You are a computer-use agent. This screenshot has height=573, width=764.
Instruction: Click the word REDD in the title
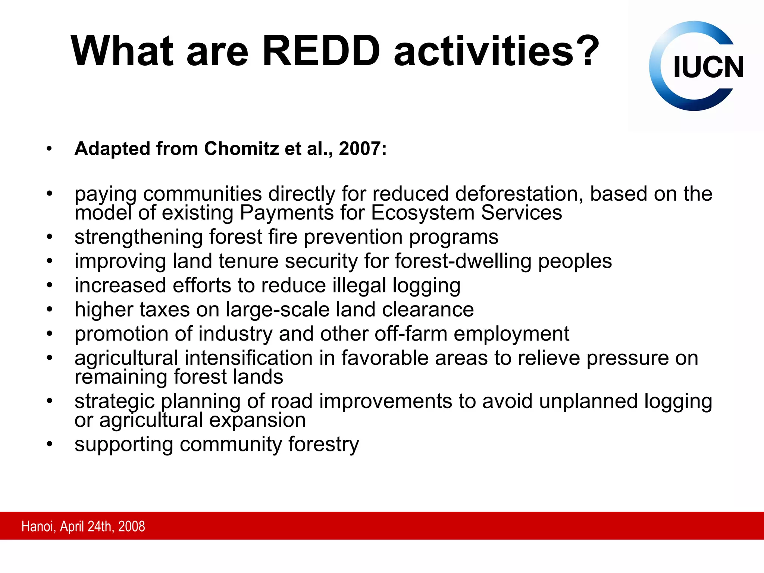point(321,51)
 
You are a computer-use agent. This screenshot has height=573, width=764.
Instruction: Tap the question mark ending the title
point(586,51)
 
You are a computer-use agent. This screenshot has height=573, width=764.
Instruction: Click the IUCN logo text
point(708,68)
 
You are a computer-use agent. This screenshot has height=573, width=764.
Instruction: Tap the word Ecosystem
point(423,213)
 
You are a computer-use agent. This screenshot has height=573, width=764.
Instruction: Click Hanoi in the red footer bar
point(38,526)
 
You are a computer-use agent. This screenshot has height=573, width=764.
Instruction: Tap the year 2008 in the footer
point(131,526)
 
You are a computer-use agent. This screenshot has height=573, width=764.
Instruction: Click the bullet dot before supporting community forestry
point(49,444)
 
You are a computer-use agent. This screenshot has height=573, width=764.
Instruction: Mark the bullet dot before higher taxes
point(49,309)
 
